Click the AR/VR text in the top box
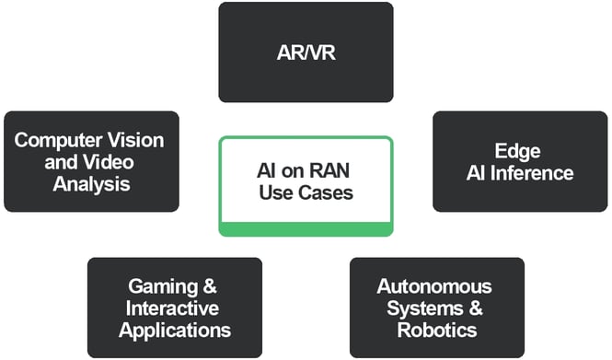point(306,52)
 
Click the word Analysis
point(90,183)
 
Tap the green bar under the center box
point(306,228)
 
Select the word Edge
point(520,151)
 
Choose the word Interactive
point(174,308)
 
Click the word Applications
point(174,329)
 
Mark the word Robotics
point(436,329)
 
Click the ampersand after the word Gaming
point(211,286)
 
